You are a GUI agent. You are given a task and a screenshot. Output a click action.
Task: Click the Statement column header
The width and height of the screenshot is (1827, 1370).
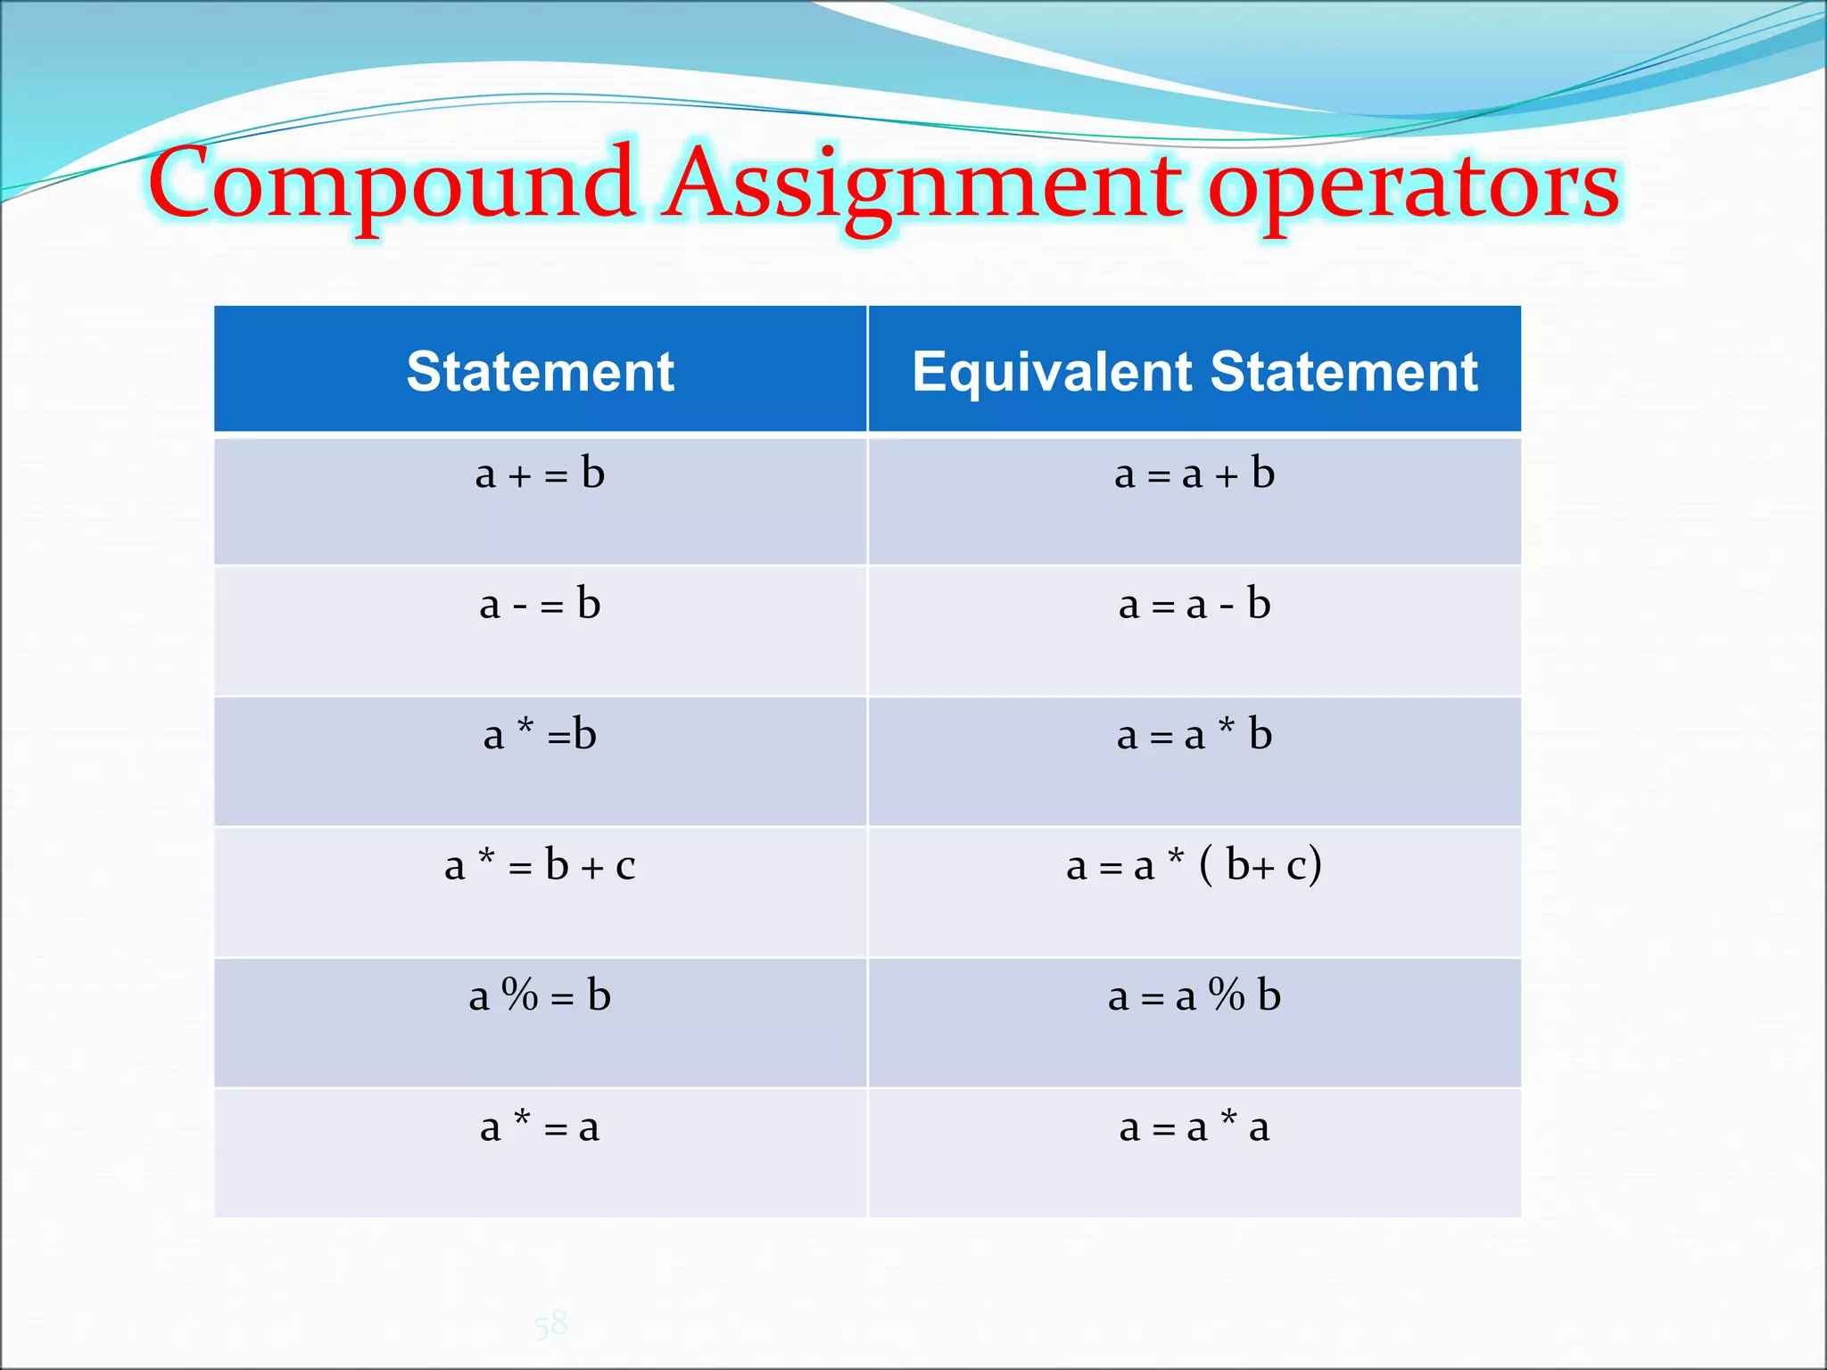540,371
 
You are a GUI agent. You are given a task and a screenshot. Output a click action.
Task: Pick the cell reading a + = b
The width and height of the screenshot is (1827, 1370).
540,474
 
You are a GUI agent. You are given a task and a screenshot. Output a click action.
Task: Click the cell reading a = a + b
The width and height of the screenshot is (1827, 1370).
1195,474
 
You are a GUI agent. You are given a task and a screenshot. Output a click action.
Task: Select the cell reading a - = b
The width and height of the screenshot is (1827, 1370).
540,605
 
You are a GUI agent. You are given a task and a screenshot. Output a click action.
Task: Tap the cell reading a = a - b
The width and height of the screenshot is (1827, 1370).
1195,605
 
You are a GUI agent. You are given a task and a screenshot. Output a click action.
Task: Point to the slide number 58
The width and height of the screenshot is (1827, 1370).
551,1324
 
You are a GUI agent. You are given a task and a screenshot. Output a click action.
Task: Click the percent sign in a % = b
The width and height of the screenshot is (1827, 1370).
520,994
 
